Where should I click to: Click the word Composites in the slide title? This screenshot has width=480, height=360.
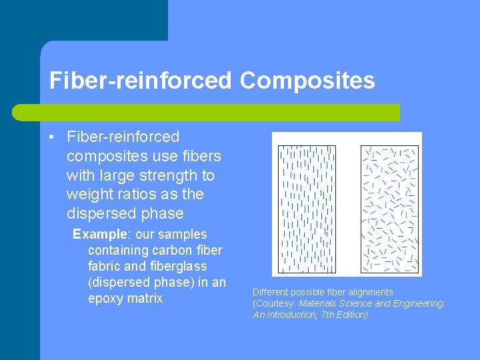307,81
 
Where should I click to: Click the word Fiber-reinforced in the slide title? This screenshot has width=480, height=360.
140,81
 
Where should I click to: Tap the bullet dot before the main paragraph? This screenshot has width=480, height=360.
52,137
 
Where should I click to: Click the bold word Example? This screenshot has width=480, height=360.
100,234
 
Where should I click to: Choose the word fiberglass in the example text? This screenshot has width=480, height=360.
173,266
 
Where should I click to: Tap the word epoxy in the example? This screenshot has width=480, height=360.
106,298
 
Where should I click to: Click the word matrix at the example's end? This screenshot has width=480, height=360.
145,298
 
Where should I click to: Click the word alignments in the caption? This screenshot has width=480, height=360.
368,292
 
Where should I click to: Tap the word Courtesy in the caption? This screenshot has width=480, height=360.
275,303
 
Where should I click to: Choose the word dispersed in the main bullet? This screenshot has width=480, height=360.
101,214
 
